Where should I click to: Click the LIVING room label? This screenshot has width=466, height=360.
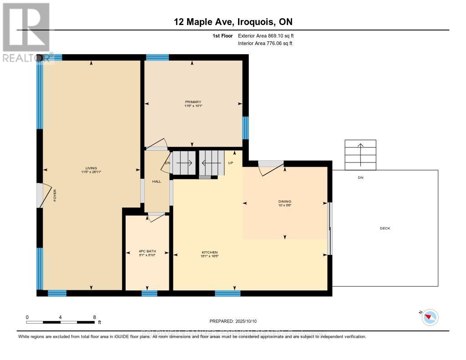tap(91, 168)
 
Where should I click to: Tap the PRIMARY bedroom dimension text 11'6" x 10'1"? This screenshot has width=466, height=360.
tap(193, 106)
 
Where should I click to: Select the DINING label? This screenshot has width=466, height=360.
tap(285, 201)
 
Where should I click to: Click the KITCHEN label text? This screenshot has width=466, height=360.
tap(210, 252)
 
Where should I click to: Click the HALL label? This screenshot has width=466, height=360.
tap(157, 182)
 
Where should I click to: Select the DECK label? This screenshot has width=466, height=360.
tap(385, 228)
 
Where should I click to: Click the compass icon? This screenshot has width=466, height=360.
tap(430, 317)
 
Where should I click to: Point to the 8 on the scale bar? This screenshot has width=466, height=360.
tap(94, 317)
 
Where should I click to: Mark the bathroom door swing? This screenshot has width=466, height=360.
tap(156, 217)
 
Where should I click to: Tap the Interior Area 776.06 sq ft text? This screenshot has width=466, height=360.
tap(265, 43)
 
